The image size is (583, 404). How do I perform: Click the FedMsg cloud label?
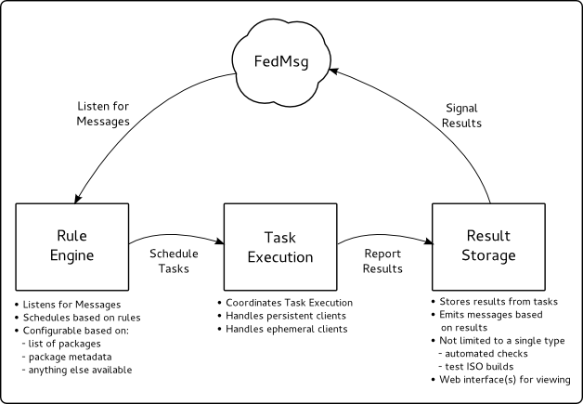pyautogui.click(x=281, y=61)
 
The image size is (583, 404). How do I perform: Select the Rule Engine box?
pyautogui.click(x=72, y=247)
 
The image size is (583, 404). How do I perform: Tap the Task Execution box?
pyautogui.click(x=280, y=247)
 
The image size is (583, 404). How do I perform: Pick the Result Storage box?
pyautogui.click(x=488, y=247)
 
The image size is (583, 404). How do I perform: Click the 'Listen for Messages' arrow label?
pyautogui.click(x=103, y=114)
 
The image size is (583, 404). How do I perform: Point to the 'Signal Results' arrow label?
pyautogui.click(x=461, y=116)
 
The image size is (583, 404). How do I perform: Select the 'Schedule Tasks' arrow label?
pyautogui.click(x=174, y=261)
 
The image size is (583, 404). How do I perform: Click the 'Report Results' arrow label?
pyautogui.click(x=382, y=261)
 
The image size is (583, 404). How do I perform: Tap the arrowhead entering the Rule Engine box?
pyautogui.click(x=78, y=198)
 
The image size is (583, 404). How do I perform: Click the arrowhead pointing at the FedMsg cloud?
pyautogui.click(x=333, y=71)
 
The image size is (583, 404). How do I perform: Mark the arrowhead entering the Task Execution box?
pyautogui.click(x=219, y=241)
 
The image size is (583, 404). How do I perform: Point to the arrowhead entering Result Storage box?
pyautogui.click(x=428, y=241)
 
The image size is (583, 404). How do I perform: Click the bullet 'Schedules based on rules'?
pyautogui.click(x=78, y=318)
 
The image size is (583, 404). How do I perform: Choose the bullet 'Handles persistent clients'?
pyautogui.click(x=282, y=316)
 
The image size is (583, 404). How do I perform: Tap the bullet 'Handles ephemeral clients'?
pyautogui.click(x=283, y=329)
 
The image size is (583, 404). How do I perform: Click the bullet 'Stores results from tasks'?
pyautogui.click(x=495, y=301)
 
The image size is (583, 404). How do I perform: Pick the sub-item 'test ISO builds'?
pyautogui.click(x=476, y=367)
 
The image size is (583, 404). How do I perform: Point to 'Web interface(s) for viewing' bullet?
pyautogui.click(x=501, y=380)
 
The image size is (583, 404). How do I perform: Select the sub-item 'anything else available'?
pyautogui.click(x=77, y=370)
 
